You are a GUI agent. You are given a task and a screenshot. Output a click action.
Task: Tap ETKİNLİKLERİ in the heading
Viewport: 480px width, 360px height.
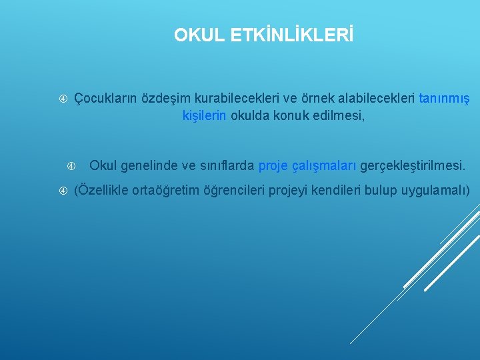[290, 35]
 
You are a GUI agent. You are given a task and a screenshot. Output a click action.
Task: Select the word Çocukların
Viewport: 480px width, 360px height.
[105, 99]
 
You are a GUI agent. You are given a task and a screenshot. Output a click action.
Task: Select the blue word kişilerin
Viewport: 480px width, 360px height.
[205, 116]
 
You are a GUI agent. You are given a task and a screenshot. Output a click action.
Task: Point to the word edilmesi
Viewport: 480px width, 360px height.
[339, 116]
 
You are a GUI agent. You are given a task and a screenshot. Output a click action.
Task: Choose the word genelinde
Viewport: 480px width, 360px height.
[149, 165]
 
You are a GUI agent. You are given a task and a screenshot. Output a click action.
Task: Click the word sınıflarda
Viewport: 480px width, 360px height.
[226, 165]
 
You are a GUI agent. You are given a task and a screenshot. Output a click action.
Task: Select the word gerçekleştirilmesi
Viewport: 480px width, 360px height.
[413, 165]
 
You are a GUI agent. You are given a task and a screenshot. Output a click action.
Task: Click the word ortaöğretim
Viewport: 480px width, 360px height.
[165, 191]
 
